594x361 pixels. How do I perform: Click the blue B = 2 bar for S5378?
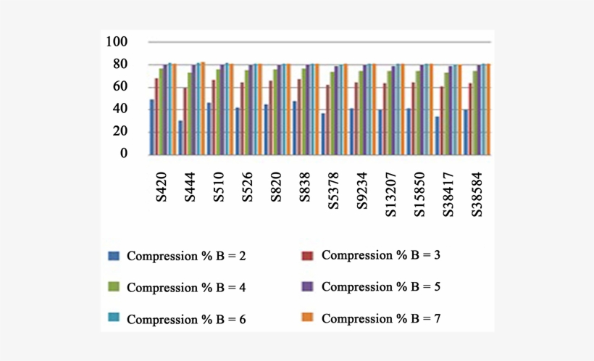click(x=323, y=133)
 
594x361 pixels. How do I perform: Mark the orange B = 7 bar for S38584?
click(x=489, y=109)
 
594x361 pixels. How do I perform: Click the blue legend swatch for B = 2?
click(x=113, y=256)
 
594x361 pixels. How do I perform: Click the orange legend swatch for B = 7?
click(x=306, y=318)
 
